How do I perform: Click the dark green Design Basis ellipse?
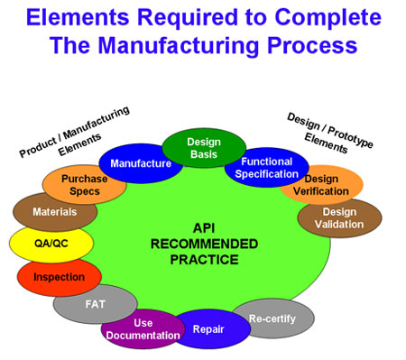(x=204, y=148)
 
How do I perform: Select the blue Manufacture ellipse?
(x=140, y=163)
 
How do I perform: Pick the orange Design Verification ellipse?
(x=322, y=184)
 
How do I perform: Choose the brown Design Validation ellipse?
(x=339, y=217)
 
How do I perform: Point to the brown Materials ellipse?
(x=55, y=212)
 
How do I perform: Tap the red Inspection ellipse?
(x=59, y=277)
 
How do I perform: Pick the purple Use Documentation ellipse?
(x=143, y=328)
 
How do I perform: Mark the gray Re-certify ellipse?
(x=272, y=318)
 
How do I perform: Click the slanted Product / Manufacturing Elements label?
(x=75, y=133)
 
